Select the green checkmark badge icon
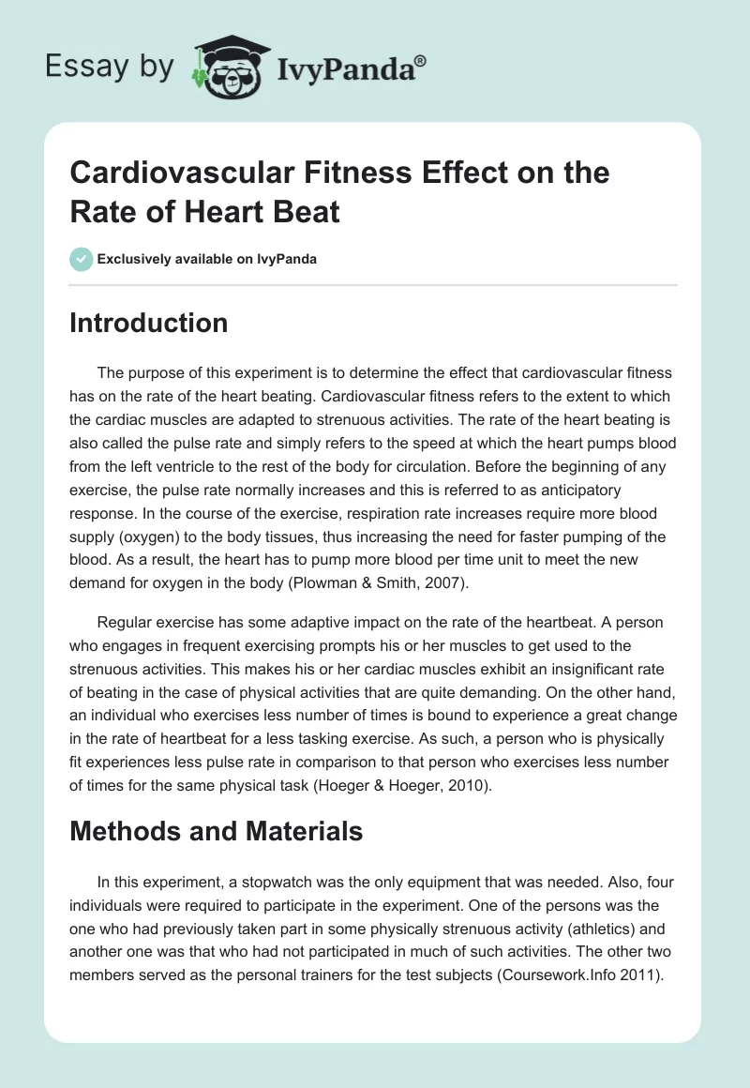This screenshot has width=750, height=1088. click(81, 259)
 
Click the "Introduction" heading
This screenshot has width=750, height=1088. click(148, 323)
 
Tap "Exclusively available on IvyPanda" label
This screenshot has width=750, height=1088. click(207, 259)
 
